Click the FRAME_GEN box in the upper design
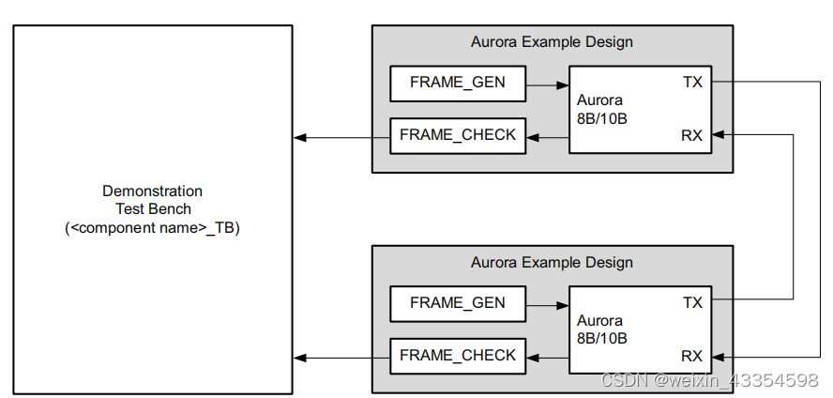[457, 83]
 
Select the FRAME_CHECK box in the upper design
[458, 135]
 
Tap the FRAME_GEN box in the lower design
[457, 303]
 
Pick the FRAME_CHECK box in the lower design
[458, 356]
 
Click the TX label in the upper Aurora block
[692, 83]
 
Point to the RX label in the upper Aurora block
[692, 135]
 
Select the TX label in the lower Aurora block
[692, 303]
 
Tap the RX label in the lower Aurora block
[692, 356]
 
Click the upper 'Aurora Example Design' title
[552, 42]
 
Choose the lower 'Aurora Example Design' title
[552, 263]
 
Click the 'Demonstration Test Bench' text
[152, 200]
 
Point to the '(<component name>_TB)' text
[152, 227]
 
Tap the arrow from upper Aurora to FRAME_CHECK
[548, 138]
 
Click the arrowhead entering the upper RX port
[719, 135]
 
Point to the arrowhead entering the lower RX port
[719, 357]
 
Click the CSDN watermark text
[709, 380]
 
